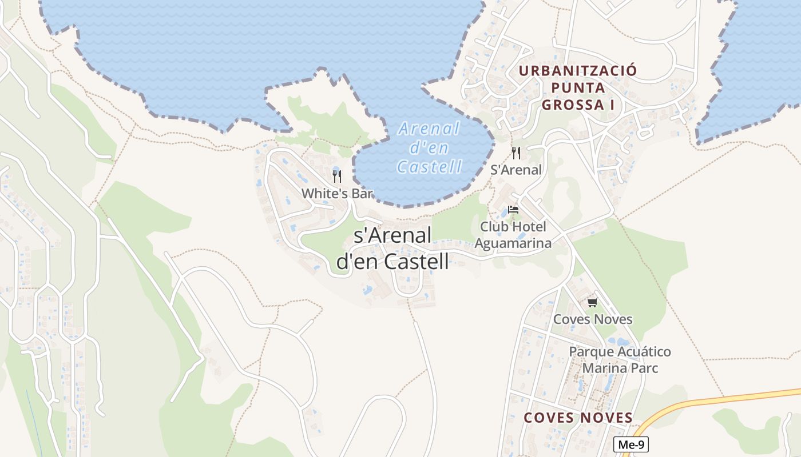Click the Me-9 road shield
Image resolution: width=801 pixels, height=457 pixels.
(631, 444)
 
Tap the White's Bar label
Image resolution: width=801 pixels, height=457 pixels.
(337, 194)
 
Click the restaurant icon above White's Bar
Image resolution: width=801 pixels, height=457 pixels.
(337, 176)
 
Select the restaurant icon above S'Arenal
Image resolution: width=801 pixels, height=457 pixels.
(516, 153)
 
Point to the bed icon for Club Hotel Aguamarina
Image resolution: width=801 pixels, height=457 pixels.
(513, 210)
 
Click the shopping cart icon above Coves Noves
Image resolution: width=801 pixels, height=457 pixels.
(592, 302)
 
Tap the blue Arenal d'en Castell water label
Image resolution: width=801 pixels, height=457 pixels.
(429, 147)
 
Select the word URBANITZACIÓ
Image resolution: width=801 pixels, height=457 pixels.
(578, 71)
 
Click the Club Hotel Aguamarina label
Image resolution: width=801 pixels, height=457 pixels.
(513, 235)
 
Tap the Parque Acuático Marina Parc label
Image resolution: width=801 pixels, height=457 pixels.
(620, 359)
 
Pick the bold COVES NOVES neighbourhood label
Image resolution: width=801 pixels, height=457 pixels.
(578, 418)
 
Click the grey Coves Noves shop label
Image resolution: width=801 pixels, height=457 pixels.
(593, 319)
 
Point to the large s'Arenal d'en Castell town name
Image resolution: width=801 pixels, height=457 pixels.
(392, 248)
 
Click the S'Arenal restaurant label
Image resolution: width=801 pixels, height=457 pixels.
(516, 170)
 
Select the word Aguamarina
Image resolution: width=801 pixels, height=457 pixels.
(513, 243)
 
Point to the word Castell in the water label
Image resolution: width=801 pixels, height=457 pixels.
(429, 167)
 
